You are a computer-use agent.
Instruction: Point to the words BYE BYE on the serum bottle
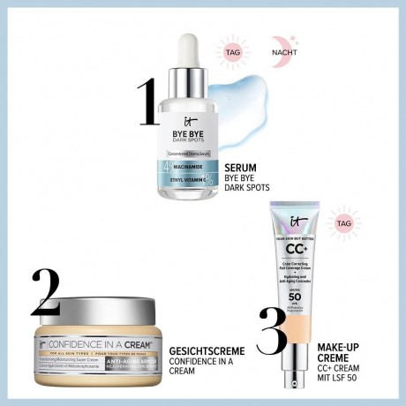[x=190, y=131]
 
